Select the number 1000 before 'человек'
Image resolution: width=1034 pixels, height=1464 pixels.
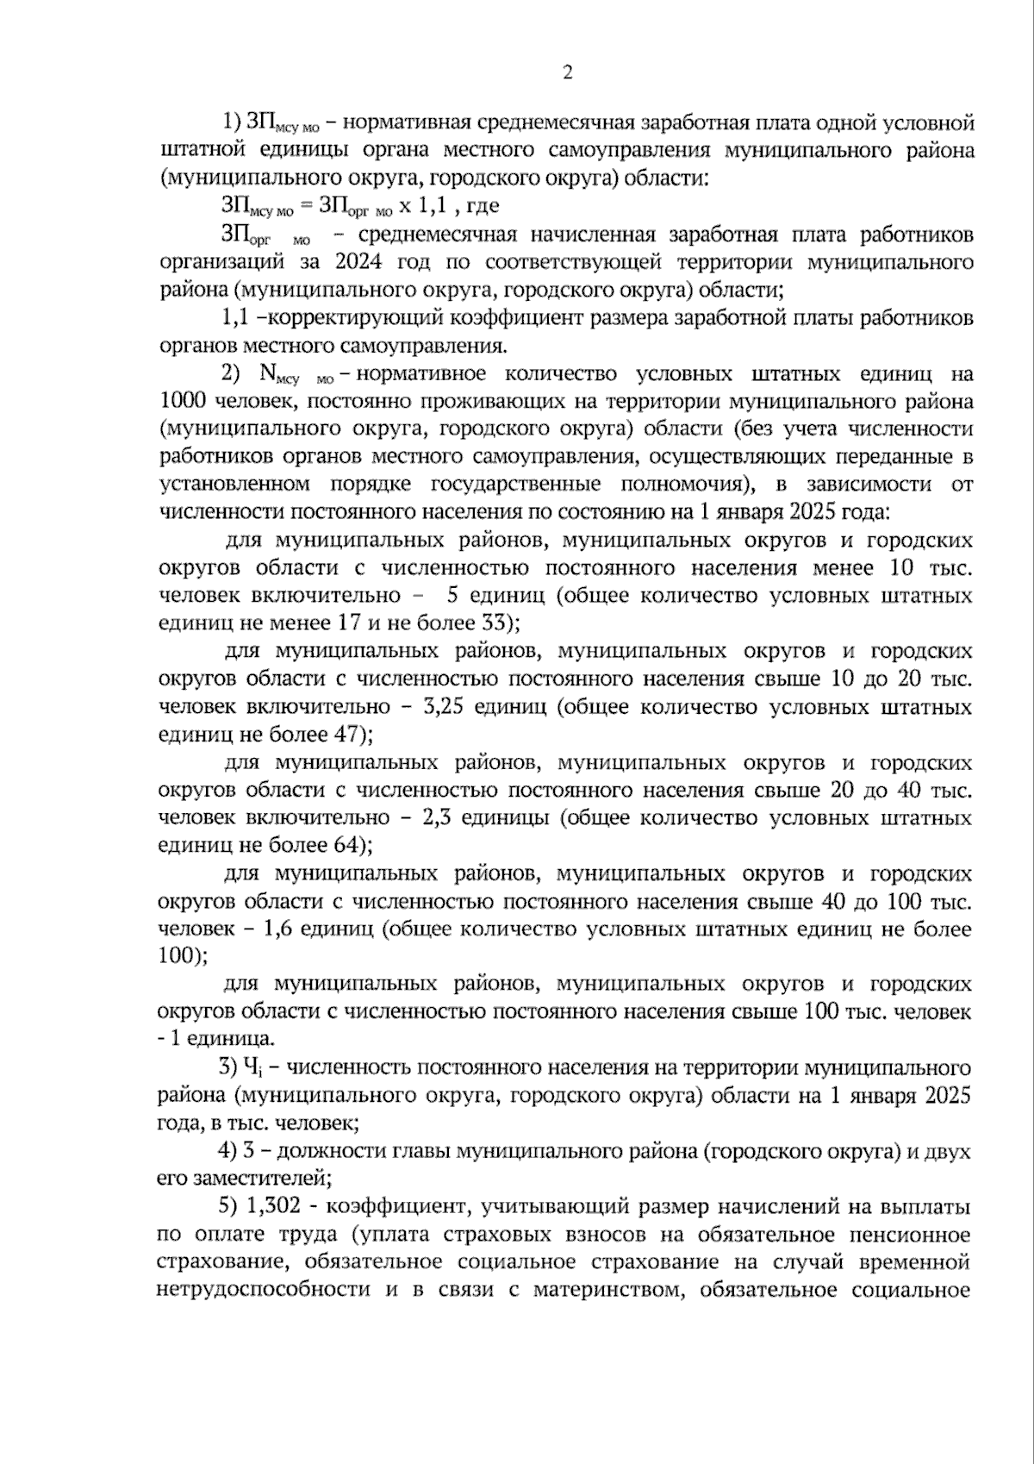point(184,401)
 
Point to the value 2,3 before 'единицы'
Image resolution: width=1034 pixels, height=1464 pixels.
point(436,817)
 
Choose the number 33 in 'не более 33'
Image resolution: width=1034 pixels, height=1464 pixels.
point(495,623)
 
